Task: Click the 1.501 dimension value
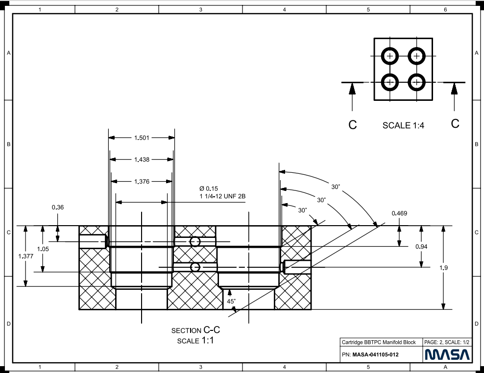pyautogui.click(x=142, y=138)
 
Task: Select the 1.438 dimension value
pyautogui.click(x=142, y=160)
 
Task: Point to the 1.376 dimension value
pyautogui.click(x=142, y=182)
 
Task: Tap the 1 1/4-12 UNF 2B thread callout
pyautogui.click(x=222, y=196)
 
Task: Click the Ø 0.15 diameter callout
pyautogui.click(x=208, y=188)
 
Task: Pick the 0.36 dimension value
pyautogui.click(x=57, y=208)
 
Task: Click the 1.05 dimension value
pyautogui.click(x=43, y=249)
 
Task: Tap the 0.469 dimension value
pyautogui.click(x=400, y=213)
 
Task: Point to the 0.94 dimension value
pyautogui.click(x=421, y=247)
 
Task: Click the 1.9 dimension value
pyautogui.click(x=443, y=268)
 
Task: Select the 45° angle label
pyautogui.click(x=231, y=302)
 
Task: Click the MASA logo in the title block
pyautogui.click(x=447, y=354)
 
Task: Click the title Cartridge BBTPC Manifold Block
pyautogui.click(x=378, y=343)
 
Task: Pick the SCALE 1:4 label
pyautogui.click(x=403, y=125)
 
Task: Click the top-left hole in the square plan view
pyautogui.click(x=390, y=56)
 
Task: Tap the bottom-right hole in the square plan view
pyautogui.click(x=416, y=82)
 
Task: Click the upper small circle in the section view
pyautogui.click(x=195, y=242)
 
